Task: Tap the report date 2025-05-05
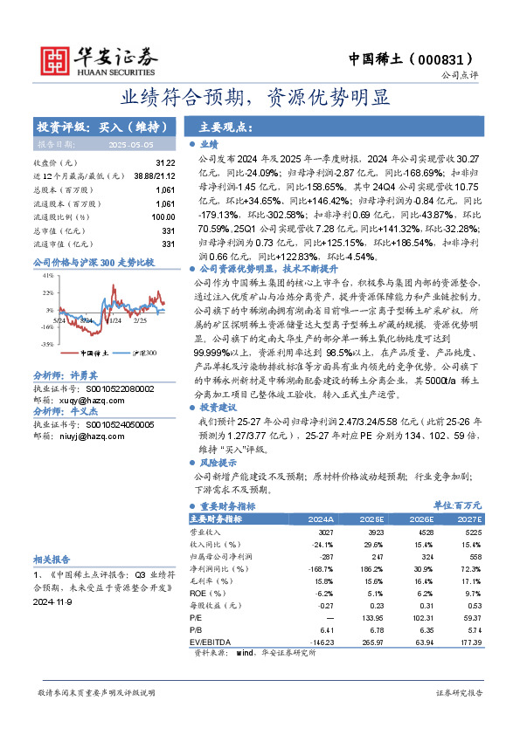pyautogui.click(x=130, y=144)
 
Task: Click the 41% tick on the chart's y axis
pyautogui.click(x=48, y=275)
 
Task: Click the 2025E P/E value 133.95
pyautogui.click(x=371, y=617)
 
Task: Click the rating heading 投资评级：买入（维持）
pyautogui.click(x=96, y=127)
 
